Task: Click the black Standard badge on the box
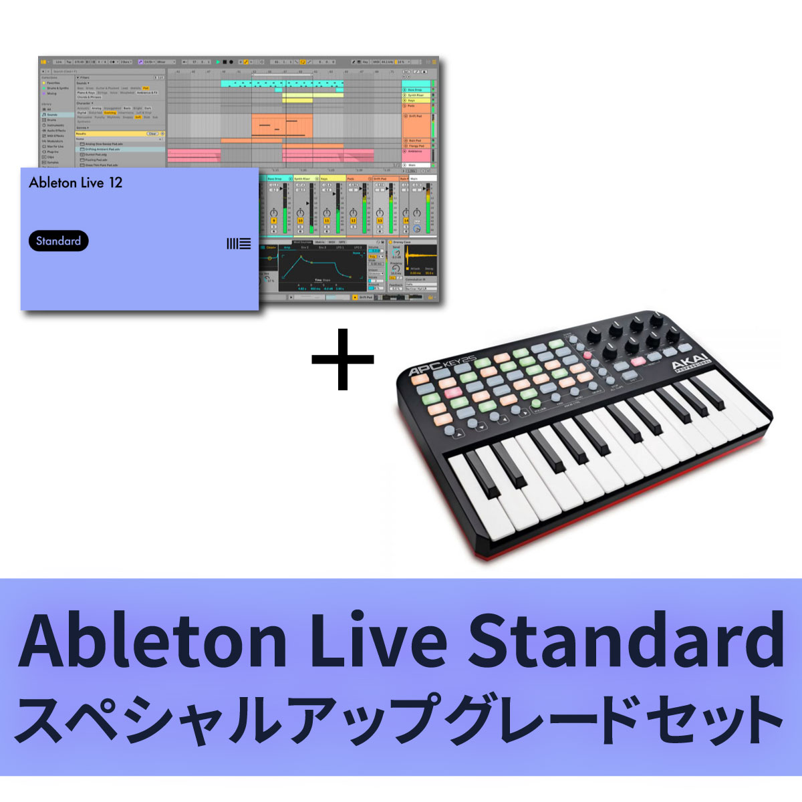[x=59, y=241]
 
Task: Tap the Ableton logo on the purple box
[x=239, y=244]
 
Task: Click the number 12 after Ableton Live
[x=116, y=182]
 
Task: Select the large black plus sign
[x=343, y=358]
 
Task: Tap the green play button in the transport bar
[x=218, y=61]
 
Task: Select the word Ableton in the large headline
[x=154, y=639]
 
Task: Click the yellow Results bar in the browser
[x=110, y=134]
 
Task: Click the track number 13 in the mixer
[x=380, y=220]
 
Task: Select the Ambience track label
[x=416, y=152]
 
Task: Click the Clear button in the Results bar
[x=152, y=134]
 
